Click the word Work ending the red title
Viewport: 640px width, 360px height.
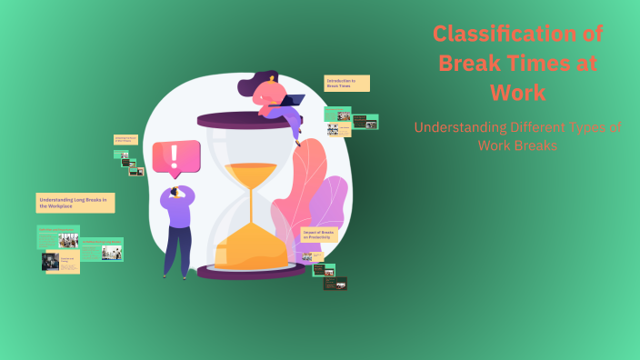click(517, 92)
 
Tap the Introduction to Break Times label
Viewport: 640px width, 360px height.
click(346, 83)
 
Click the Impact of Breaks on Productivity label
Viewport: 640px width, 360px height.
click(323, 235)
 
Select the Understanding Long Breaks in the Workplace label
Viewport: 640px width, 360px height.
click(75, 203)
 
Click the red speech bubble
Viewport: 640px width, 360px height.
click(175, 159)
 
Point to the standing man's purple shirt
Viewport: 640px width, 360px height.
click(176, 211)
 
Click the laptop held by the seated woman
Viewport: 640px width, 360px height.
click(289, 101)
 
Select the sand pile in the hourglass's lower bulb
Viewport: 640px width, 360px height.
click(246, 245)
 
